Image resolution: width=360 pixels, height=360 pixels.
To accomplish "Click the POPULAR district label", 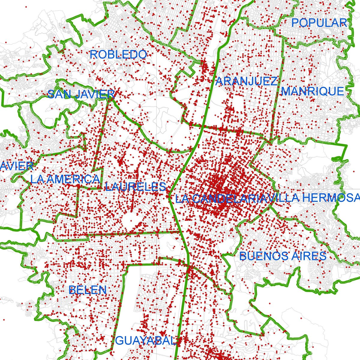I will [319, 23].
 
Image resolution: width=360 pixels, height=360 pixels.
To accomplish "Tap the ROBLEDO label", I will [118, 55].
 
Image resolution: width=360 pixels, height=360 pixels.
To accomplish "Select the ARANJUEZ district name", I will [246, 82].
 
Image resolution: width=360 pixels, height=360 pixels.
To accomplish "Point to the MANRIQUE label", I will [312, 91].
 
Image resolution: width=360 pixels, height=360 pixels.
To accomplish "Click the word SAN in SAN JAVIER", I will [59, 94].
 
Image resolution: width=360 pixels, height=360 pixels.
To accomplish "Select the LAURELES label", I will [135, 187].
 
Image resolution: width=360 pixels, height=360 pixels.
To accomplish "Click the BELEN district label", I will [88, 290].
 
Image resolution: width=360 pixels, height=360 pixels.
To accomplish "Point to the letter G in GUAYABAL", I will [119, 341].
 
